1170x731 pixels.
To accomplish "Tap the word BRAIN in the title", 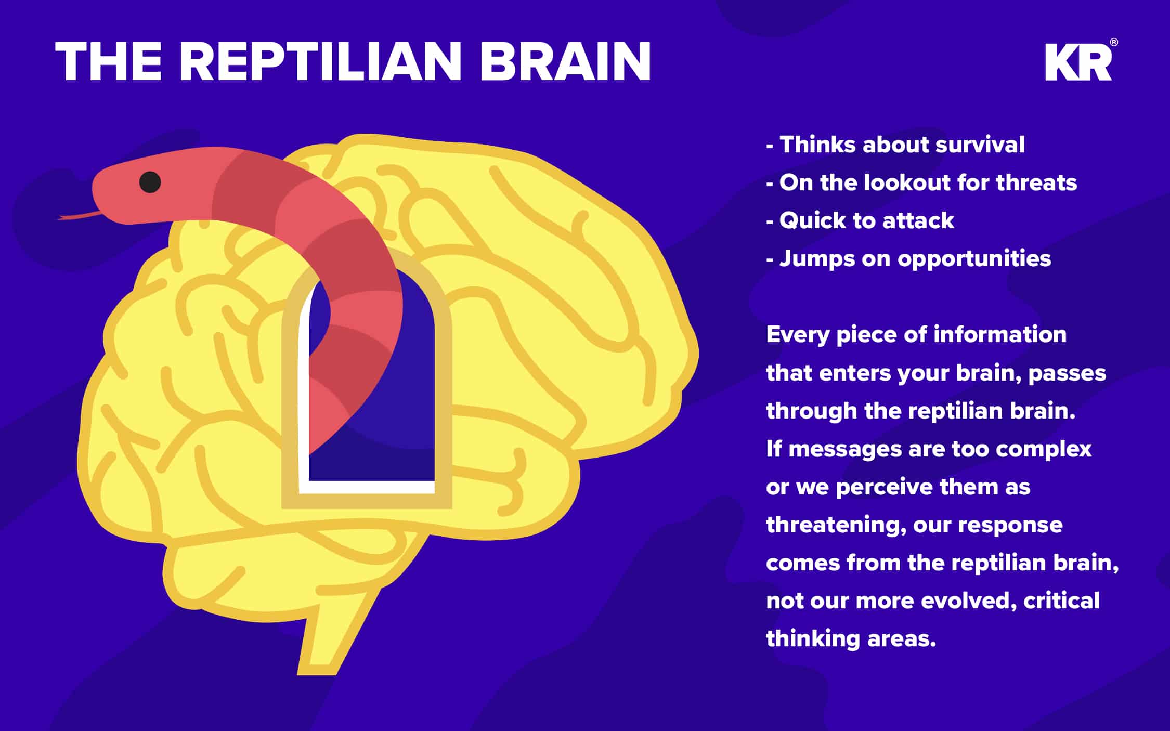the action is [x=566, y=61].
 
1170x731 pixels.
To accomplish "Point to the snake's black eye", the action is [x=150, y=182].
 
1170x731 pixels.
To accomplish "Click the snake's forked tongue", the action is [x=78, y=215].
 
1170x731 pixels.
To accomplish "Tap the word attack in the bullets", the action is [x=918, y=220].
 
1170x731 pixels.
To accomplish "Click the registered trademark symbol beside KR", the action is [x=1114, y=43].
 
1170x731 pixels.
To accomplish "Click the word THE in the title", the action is [x=108, y=61].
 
